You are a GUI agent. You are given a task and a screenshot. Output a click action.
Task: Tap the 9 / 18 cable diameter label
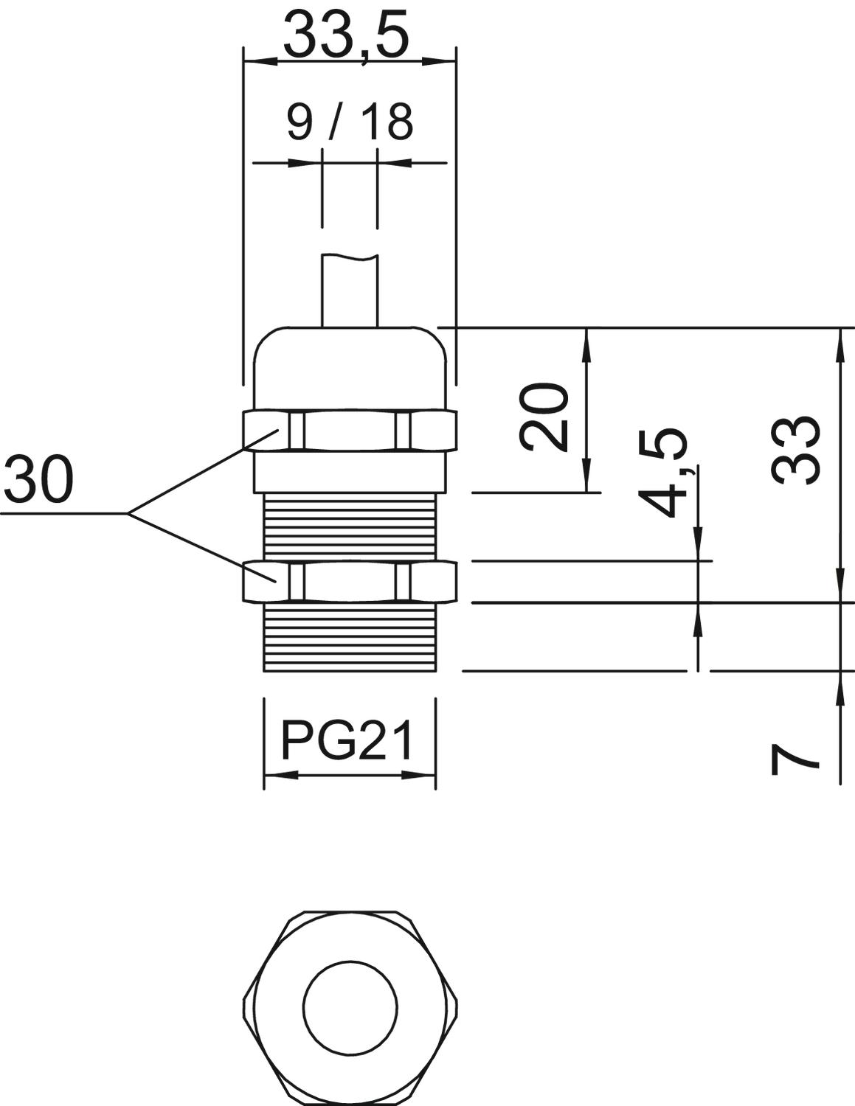[350, 122]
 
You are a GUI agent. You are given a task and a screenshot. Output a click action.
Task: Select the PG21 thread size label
[347, 742]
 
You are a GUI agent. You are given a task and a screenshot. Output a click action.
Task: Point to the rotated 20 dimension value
[544, 417]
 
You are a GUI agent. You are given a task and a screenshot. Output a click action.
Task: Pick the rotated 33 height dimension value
[795, 451]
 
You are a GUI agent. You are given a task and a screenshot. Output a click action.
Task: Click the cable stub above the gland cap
[350, 290]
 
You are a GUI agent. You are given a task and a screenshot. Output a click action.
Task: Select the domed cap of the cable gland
[350, 369]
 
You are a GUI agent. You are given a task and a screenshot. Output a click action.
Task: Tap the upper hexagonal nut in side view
[350, 431]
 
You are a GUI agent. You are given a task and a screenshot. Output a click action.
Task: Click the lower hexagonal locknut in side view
[350, 581]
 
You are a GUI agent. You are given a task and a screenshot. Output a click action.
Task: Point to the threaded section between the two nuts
[350, 526]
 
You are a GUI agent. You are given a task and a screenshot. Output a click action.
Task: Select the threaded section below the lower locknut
[350, 638]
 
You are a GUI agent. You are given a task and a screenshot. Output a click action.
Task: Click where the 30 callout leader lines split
[127, 514]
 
